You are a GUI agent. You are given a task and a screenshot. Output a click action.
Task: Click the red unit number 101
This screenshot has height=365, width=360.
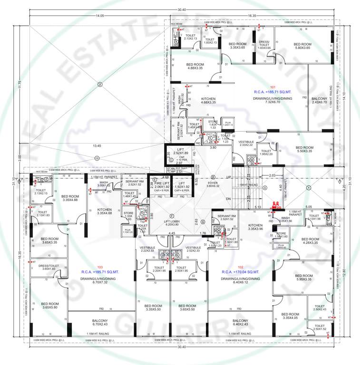point(273,87)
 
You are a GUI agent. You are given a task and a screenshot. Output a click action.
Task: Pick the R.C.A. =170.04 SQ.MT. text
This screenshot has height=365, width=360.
point(240,272)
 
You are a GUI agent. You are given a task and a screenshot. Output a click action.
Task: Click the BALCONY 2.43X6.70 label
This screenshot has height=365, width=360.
point(319,100)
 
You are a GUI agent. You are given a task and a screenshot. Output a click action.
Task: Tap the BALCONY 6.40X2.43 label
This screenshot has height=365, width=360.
point(240,323)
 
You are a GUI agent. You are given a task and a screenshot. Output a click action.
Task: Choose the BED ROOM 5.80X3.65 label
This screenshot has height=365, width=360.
point(302,46)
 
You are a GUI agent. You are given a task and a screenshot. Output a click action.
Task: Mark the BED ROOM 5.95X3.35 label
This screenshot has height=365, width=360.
point(303,278)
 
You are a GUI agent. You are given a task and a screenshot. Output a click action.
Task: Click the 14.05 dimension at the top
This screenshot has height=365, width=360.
point(99,16)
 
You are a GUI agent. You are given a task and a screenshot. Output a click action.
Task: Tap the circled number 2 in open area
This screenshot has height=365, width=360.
point(100,85)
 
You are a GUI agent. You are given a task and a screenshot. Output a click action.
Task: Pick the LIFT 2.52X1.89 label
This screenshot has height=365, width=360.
point(183,152)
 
